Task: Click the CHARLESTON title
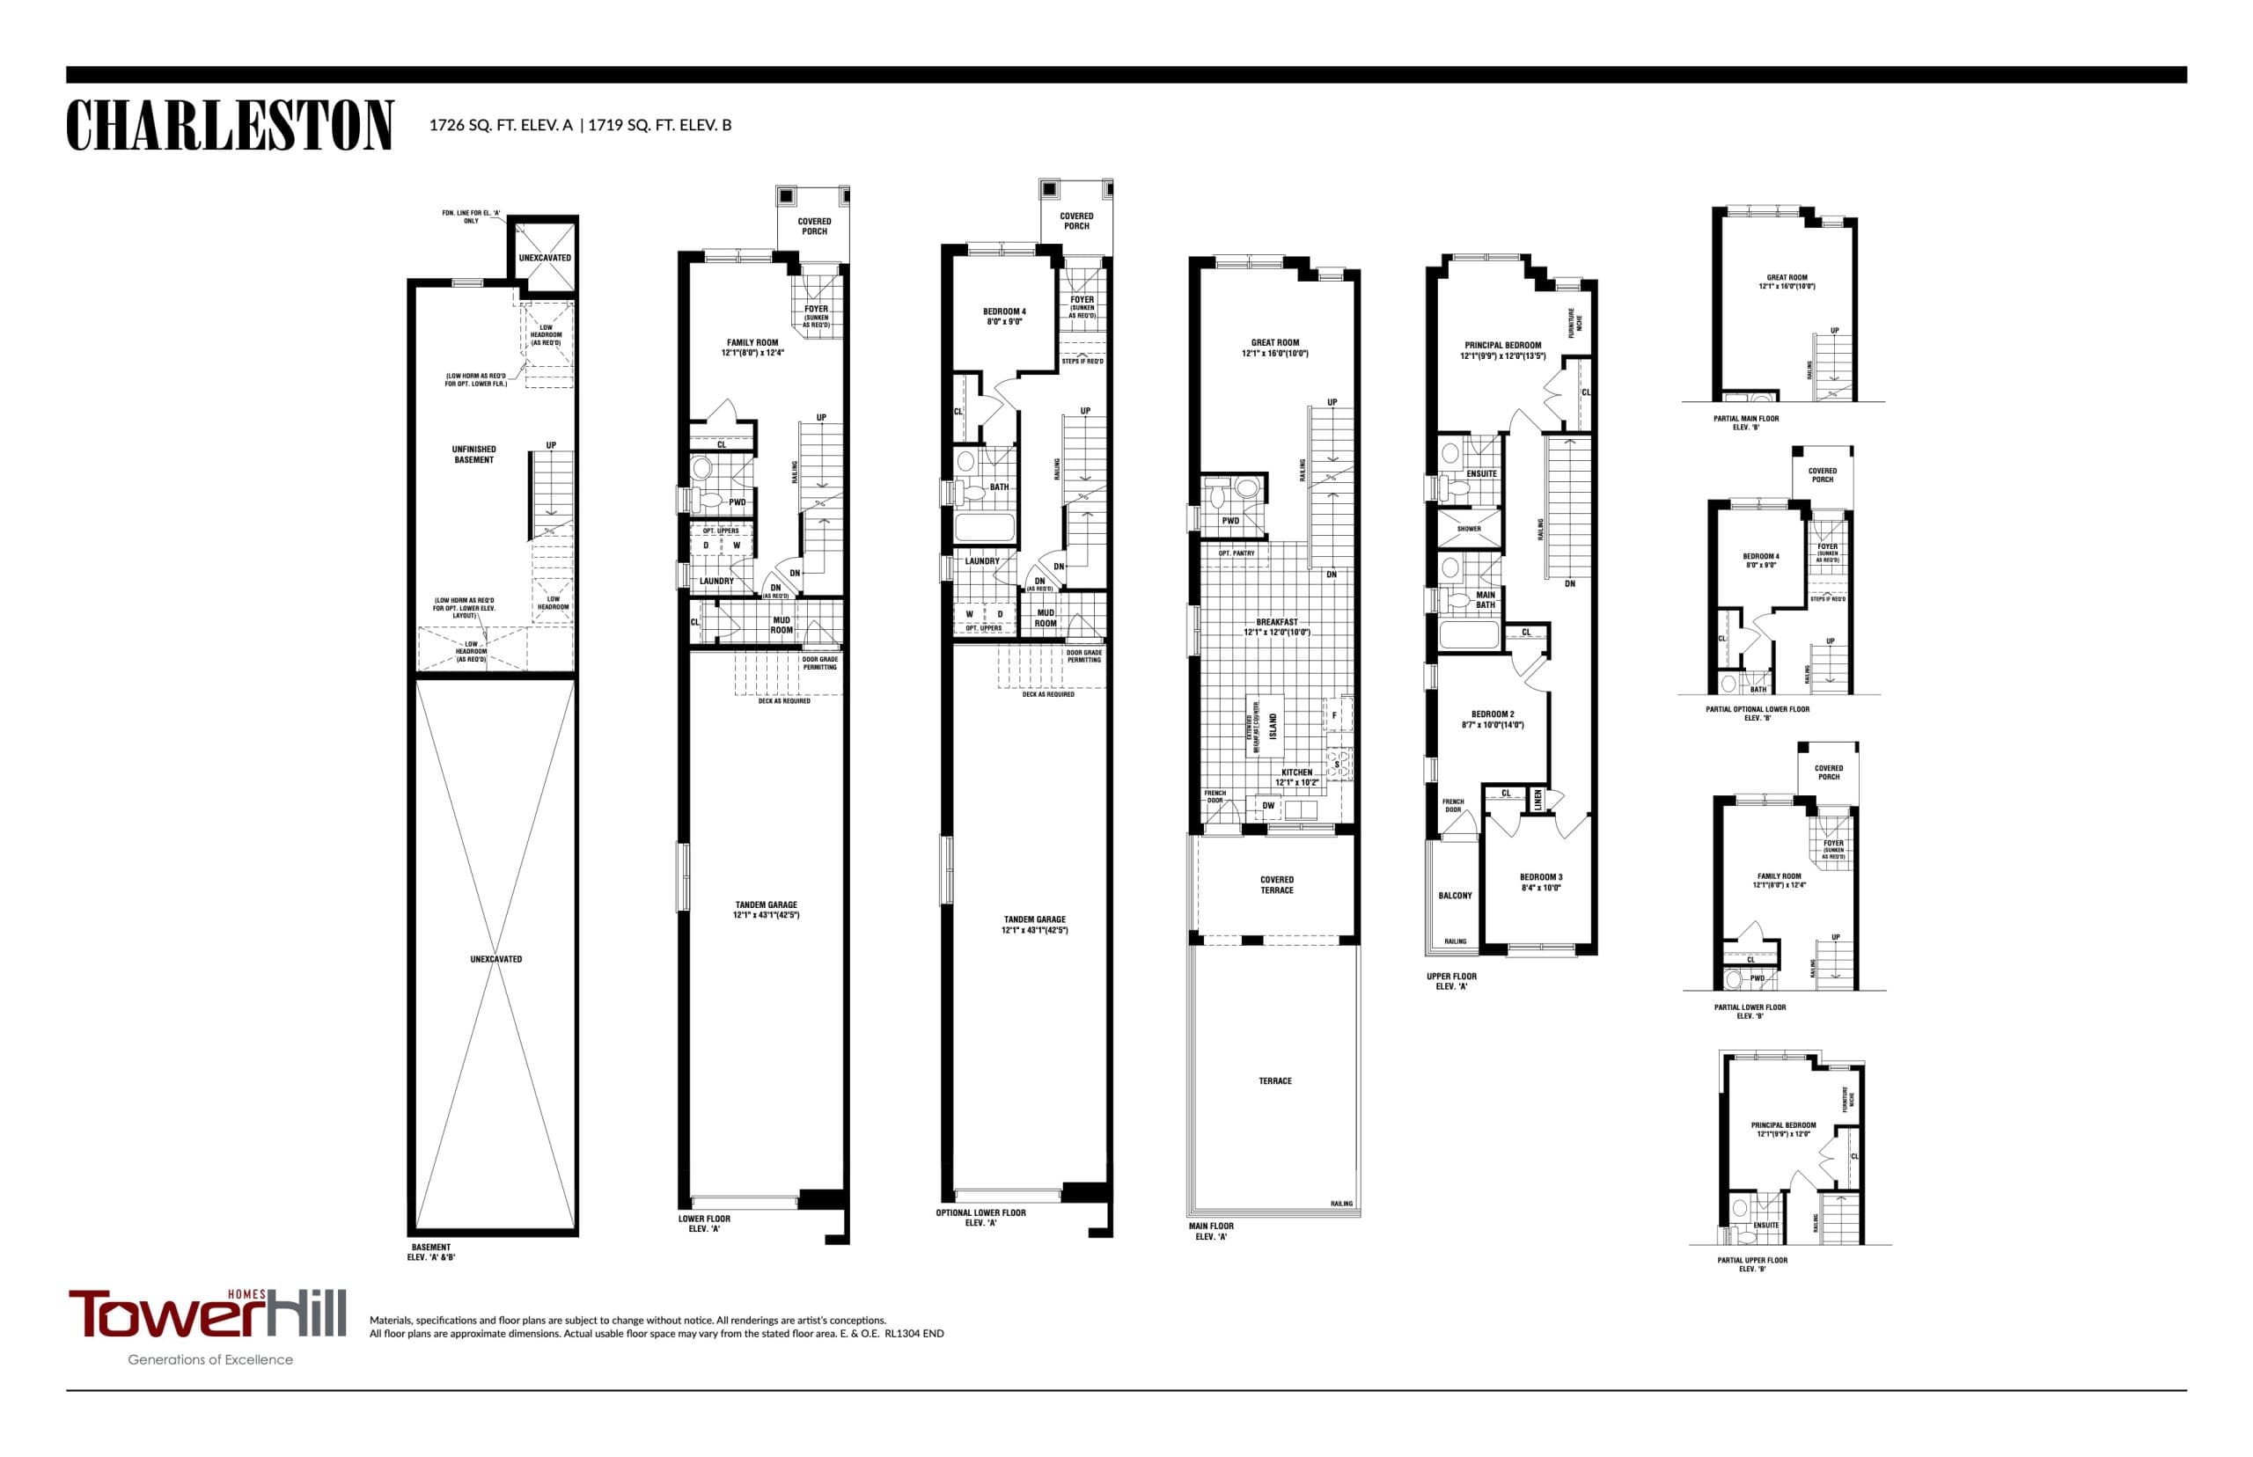coord(229,125)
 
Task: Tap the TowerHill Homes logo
coord(206,1314)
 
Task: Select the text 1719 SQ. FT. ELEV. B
coord(659,125)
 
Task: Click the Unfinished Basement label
coord(473,454)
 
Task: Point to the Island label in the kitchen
coord(1273,726)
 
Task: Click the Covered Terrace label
coord(1276,884)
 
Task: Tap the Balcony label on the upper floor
coord(1455,895)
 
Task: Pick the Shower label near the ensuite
coord(1469,529)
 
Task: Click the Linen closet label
coord(1537,801)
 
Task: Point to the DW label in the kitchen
coord(1268,806)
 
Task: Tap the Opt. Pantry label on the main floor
coord(1236,553)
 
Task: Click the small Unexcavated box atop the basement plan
coord(544,257)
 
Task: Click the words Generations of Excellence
coord(210,1359)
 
